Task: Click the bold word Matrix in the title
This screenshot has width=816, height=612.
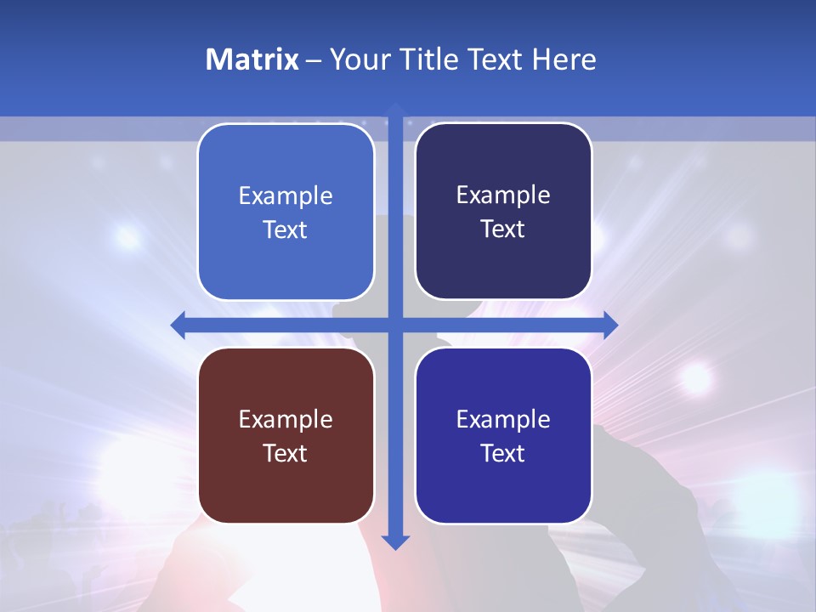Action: click(x=252, y=59)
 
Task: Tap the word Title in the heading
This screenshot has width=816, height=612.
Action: click(x=429, y=59)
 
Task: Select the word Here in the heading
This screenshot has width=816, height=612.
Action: click(x=564, y=59)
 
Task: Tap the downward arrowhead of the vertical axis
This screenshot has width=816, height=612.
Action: click(x=395, y=541)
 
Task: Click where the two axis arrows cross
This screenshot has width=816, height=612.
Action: click(x=395, y=325)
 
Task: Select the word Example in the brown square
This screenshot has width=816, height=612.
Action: click(x=286, y=419)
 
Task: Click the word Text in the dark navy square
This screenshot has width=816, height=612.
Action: click(x=503, y=229)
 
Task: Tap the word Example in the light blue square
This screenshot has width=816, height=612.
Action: click(x=286, y=195)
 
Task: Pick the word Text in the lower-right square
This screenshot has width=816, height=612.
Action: click(x=503, y=453)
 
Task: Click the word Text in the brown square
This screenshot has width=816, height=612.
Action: click(x=286, y=453)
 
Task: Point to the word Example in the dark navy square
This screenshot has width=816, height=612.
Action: click(x=503, y=195)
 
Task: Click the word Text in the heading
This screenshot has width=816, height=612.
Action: click(x=496, y=59)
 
